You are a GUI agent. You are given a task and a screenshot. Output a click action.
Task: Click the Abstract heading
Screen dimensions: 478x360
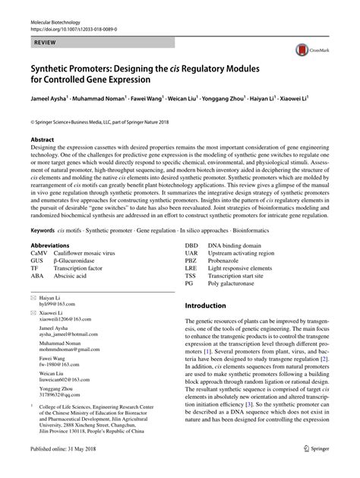(42, 141)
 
